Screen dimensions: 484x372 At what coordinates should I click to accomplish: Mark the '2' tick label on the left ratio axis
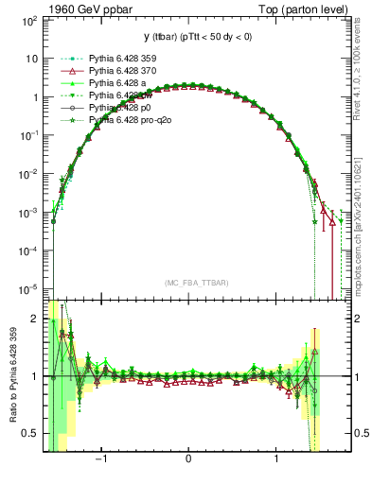click(x=35, y=319)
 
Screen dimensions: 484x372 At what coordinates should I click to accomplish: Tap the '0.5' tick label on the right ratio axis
click(x=357, y=433)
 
